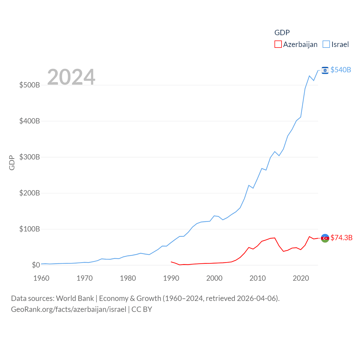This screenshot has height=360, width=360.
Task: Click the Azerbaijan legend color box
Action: click(278, 44)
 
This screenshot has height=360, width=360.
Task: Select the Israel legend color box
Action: click(326, 44)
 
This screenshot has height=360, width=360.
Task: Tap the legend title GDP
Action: click(282, 33)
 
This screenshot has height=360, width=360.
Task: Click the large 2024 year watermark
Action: click(71, 77)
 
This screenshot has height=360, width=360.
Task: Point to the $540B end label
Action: click(341, 70)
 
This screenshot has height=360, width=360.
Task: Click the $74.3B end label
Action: click(341, 238)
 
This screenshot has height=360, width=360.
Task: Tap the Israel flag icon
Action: click(325, 70)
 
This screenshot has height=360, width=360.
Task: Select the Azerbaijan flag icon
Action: click(325, 238)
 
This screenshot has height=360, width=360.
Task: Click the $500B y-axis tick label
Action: click(30, 85)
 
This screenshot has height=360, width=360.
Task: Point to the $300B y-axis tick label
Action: click(30, 157)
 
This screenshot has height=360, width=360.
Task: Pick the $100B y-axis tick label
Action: click(30, 229)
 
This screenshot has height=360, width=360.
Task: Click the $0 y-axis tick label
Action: click(36, 265)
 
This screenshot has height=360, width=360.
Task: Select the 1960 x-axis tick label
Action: click(41, 278)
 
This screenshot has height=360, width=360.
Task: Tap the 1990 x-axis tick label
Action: click(171, 278)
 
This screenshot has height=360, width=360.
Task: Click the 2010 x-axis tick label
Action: click(258, 278)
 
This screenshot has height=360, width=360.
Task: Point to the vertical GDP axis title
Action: click(12, 163)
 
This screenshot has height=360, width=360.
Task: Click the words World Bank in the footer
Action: click(75, 298)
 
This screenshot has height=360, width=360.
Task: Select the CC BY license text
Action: click(142, 309)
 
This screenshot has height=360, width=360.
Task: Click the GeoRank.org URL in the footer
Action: click(69, 309)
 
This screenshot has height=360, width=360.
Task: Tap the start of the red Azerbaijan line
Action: click(171, 262)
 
